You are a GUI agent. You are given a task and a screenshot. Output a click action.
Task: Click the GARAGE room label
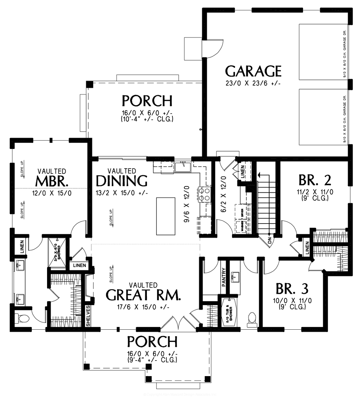click(x=253, y=71)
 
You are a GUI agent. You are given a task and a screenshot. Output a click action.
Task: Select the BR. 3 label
click(x=292, y=289)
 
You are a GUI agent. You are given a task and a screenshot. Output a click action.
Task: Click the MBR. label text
click(x=51, y=181)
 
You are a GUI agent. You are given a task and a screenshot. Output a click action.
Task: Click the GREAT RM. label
click(x=143, y=295)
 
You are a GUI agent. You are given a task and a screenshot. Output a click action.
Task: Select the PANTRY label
click(x=224, y=277)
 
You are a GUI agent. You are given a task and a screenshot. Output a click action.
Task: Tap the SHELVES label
click(x=88, y=316)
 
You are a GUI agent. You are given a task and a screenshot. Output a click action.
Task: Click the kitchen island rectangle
click(x=166, y=216)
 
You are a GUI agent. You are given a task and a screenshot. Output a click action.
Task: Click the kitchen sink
click(x=182, y=166)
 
